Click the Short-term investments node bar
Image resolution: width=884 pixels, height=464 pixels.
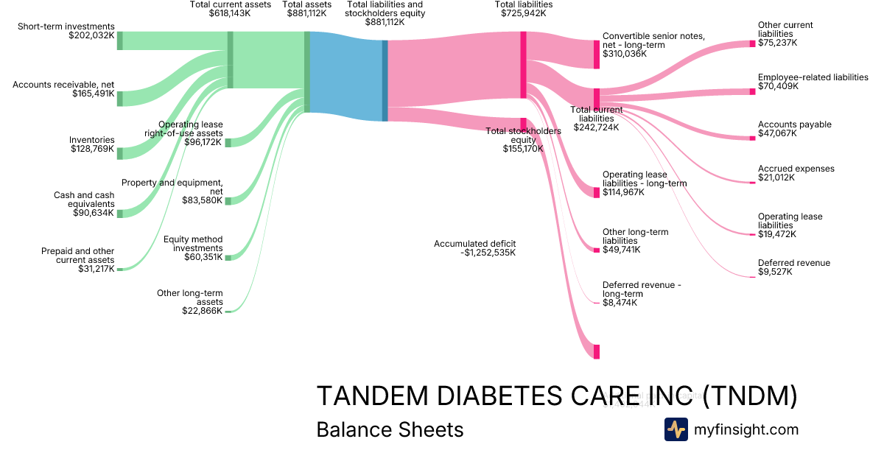click(120, 41)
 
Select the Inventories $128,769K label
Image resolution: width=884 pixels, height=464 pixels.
click(92, 144)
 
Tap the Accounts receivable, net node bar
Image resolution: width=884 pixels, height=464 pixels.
click(120, 99)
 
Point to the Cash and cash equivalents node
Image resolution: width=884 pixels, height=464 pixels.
click(120, 214)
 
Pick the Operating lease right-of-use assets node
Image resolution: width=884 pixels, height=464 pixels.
click(228, 142)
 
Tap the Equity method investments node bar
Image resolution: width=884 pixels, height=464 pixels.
click(228, 257)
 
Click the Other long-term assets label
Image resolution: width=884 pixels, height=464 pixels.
click(189, 302)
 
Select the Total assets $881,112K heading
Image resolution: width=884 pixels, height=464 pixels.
click(307, 9)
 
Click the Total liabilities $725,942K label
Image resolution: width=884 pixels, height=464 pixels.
click(524, 9)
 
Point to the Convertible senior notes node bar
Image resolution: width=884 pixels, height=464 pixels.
click(597, 55)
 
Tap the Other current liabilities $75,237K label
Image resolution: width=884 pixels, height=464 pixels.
click(785, 34)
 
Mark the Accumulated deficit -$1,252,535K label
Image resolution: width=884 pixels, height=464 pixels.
click(475, 247)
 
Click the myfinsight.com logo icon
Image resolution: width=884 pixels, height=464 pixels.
click(676, 429)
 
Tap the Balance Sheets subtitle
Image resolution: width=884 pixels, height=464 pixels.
click(390, 429)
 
